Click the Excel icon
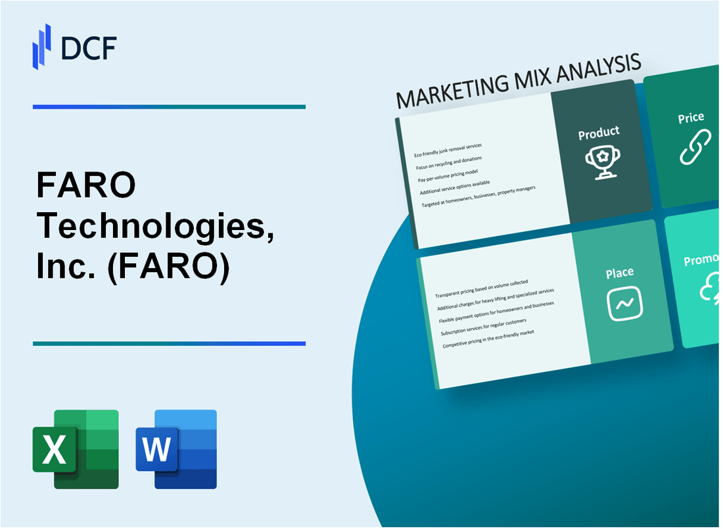(76, 449)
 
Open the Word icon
(176, 449)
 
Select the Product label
(598, 133)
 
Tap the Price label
(691, 118)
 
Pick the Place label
(620, 272)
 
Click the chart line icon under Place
(624, 303)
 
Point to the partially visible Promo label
(701, 261)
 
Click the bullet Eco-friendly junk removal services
(448, 150)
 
